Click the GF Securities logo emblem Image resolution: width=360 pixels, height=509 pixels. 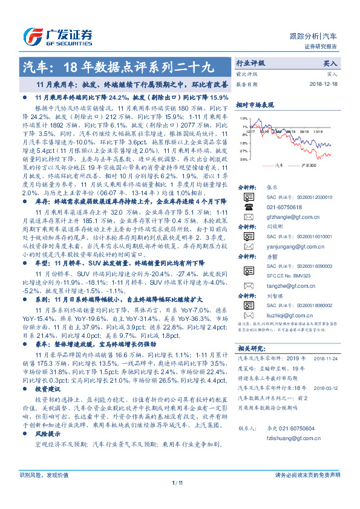pyautogui.click(x=31, y=36)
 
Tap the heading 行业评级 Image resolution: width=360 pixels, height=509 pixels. pyautogui.click(x=250, y=63)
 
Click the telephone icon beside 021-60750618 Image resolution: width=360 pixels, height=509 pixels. pyautogui.click(x=248, y=207)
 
